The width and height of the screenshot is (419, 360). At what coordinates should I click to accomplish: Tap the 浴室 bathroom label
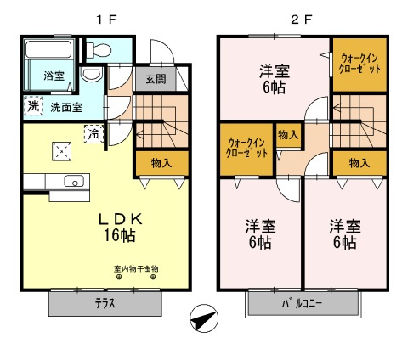(54, 76)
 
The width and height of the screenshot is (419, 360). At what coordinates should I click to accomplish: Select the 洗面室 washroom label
(65, 108)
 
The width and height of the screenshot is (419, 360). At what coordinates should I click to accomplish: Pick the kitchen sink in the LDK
(74, 181)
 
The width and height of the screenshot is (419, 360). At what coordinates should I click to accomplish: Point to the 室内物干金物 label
(136, 269)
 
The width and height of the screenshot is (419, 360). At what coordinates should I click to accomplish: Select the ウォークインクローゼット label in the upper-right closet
(360, 62)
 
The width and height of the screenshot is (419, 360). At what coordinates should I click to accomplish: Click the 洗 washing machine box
(33, 107)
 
